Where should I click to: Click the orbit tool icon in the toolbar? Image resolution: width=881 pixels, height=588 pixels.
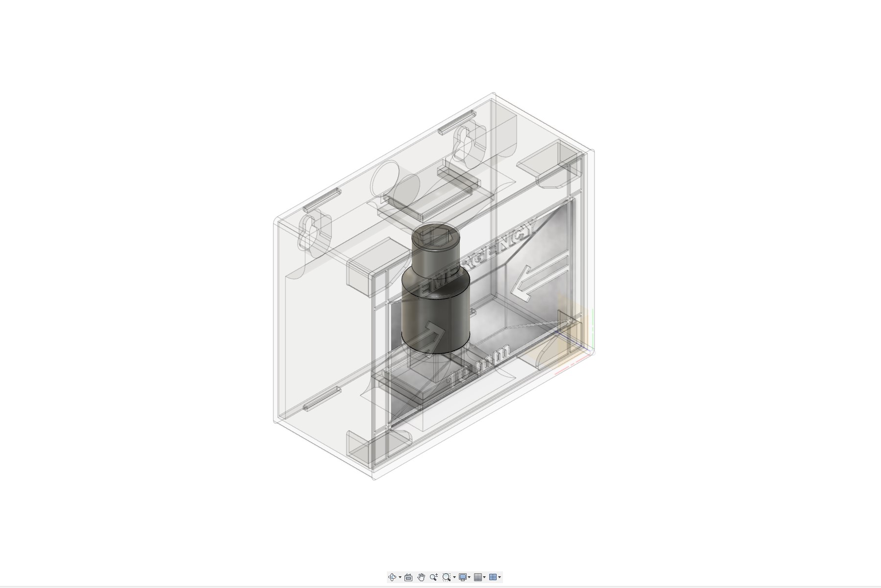click(392, 577)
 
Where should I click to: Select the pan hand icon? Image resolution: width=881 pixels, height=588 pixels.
click(421, 577)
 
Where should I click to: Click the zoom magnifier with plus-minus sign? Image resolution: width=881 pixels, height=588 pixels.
click(433, 577)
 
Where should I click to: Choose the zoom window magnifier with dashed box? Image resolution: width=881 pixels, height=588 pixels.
click(446, 577)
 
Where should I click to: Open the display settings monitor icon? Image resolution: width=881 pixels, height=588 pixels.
click(462, 577)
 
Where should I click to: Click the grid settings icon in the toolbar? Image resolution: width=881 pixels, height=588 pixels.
click(478, 577)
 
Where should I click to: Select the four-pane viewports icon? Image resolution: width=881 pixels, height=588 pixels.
click(493, 577)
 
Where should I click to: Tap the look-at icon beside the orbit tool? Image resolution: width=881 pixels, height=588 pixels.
click(408, 577)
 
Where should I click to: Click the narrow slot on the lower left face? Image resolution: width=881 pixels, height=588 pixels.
click(321, 398)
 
